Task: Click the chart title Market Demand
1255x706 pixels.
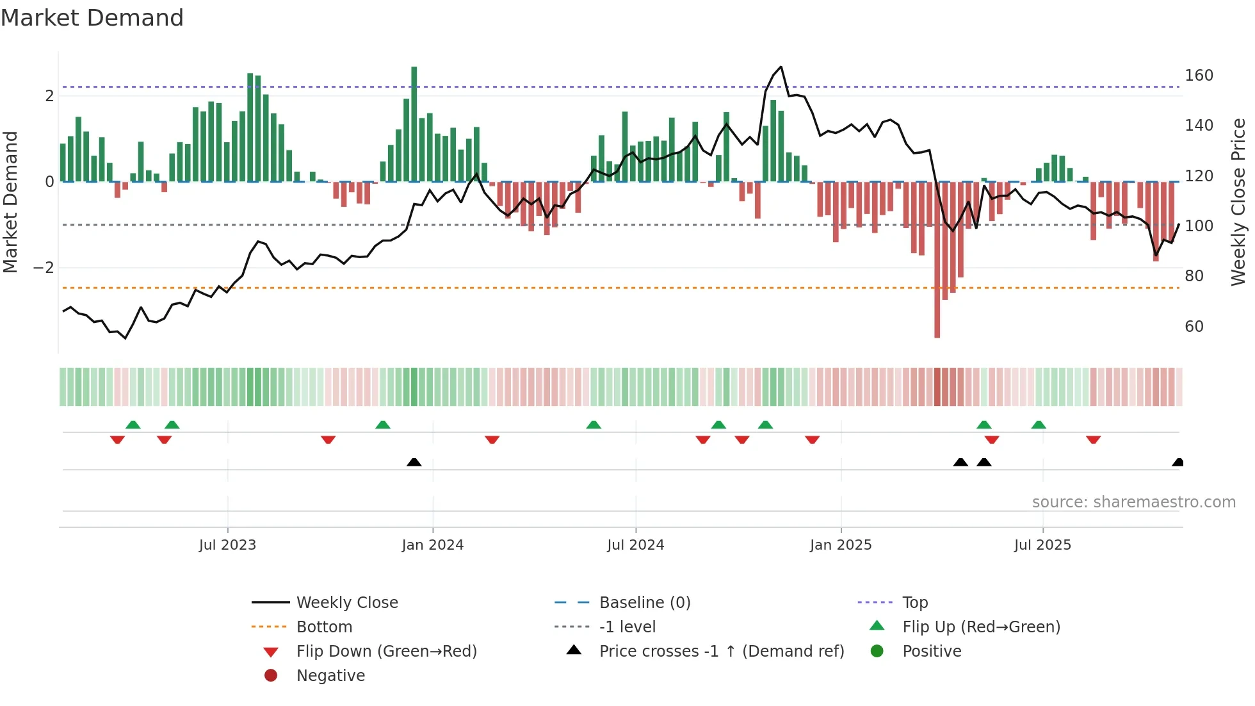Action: tap(92, 18)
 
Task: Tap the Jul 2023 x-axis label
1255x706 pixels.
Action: tap(227, 545)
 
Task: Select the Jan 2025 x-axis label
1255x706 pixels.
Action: tap(840, 545)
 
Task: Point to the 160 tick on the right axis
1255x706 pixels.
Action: tap(1199, 76)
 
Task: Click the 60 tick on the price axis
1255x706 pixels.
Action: tap(1194, 327)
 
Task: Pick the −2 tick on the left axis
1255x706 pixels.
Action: tap(44, 268)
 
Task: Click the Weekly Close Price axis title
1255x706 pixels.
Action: tap(1238, 202)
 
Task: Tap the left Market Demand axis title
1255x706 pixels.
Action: tap(11, 202)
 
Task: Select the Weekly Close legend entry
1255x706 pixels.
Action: tap(346, 603)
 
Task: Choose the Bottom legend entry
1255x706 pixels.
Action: tap(324, 627)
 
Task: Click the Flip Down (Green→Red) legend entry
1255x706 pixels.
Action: tap(386, 652)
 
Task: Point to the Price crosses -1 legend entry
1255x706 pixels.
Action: tap(721, 652)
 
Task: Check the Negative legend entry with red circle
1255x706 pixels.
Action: tap(330, 676)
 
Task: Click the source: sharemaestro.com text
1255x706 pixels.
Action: tap(1133, 502)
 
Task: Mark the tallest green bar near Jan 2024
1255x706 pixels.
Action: tap(414, 122)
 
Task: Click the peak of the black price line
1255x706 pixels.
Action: tap(781, 67)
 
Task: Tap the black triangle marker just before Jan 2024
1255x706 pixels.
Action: tap(414, 462)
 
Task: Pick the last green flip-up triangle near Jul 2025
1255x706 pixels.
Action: tap(1039, 425)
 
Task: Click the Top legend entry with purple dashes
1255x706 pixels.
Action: tap(915, 603)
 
